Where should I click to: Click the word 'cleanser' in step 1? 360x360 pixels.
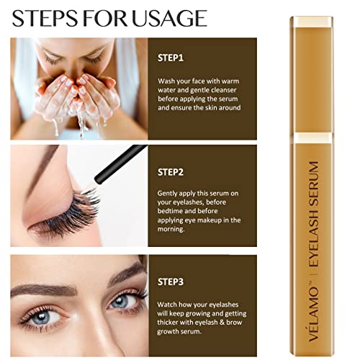point(228,92)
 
